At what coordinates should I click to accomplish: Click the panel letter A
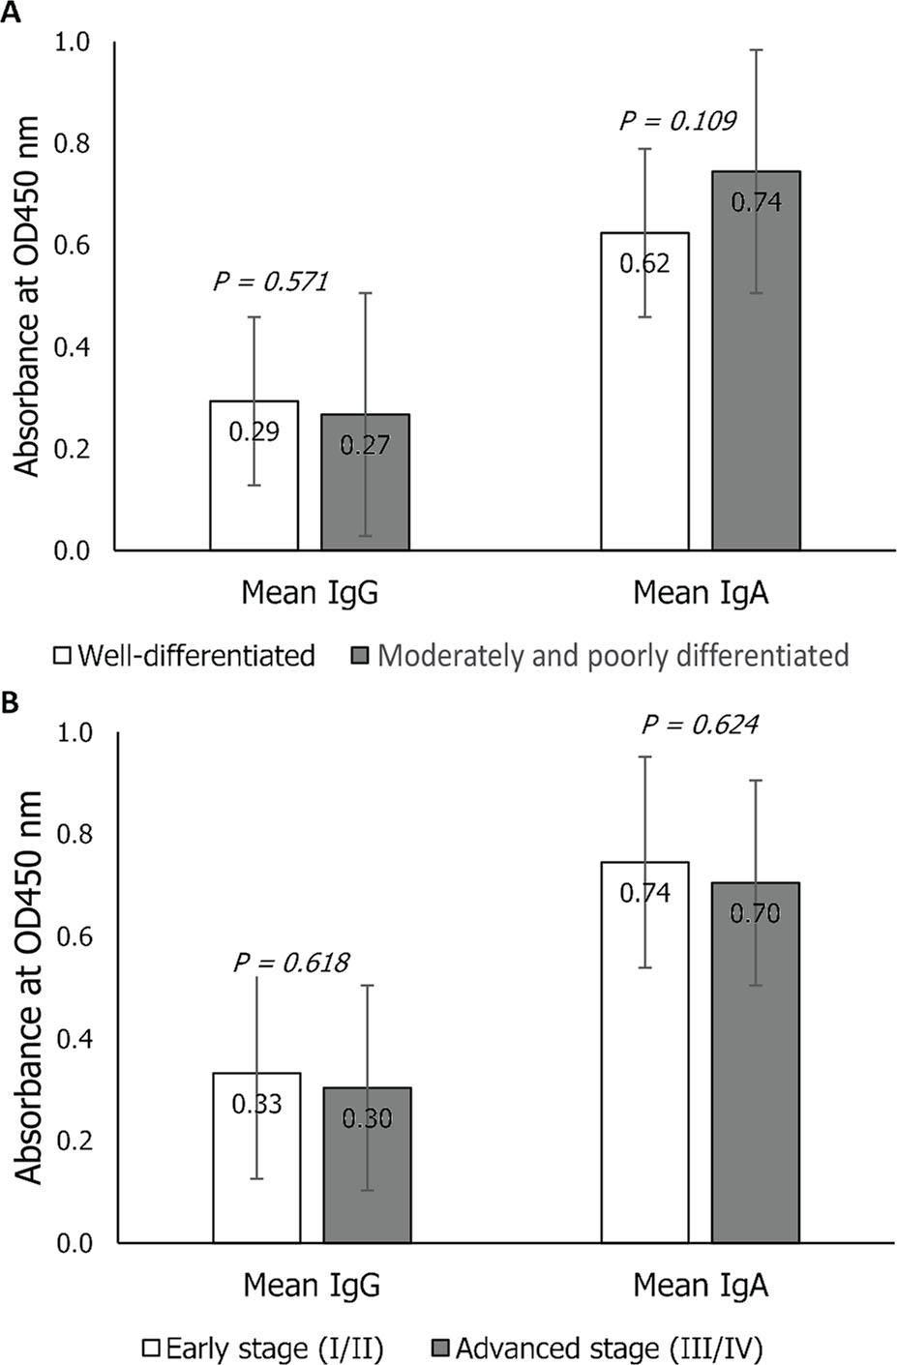pos(10,12)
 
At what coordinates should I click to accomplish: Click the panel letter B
pos(10,703)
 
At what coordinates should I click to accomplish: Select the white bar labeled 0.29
pos(254,475)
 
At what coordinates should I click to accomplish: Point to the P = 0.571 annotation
pos(271,282)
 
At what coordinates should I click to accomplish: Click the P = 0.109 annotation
pos(677,121)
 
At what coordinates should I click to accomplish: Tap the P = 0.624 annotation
pos(699,724)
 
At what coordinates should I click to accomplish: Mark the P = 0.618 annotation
pos(291,963)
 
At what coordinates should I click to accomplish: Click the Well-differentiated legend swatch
pos(63,656)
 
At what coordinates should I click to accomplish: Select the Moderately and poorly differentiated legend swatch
pos(359,656)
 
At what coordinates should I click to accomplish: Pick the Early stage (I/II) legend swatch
pos(151,1348)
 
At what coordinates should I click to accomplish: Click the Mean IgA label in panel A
pos(701,592)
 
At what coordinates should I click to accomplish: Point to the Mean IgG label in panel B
pos(311,1285)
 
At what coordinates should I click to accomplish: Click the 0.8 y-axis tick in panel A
pos(75,144)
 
